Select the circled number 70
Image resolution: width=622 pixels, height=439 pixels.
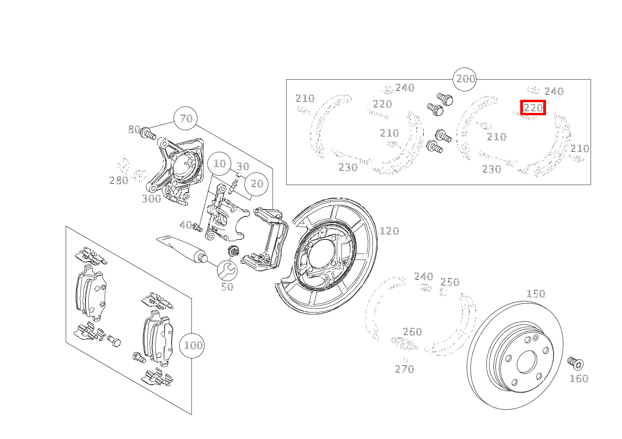pos(186,119)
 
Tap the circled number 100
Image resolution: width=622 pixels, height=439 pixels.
pos(193,346)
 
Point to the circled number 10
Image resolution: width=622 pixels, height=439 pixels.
pos(220,164)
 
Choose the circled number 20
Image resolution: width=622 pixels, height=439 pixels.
pos(257,184)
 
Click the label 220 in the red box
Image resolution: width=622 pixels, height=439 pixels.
pos(533,108)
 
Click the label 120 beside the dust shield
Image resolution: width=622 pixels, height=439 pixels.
pos(389,231)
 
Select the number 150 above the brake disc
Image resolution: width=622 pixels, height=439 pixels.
pos(535,294)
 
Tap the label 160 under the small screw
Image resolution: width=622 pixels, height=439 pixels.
pos(578,379)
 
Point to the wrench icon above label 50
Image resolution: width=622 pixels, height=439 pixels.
pos(228,270)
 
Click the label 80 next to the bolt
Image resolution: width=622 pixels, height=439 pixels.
pos(134,130)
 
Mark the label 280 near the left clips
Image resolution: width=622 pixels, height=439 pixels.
pos(118,180)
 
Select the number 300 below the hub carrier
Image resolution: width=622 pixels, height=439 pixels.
pos(151,199)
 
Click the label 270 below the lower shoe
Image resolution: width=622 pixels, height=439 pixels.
pos(404,369)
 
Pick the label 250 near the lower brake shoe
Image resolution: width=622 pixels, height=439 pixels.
pos(449,282)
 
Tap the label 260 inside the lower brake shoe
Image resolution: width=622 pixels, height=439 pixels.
pos(412,332)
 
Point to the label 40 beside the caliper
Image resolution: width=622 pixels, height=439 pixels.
pos(186,225)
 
